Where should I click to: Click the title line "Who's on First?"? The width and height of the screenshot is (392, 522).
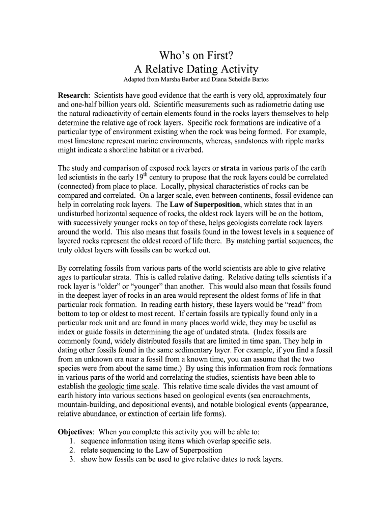pyautogui.click(x=196, y=55)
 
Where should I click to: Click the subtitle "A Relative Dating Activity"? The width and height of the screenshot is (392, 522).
pyautogui.click(x=196, y=69)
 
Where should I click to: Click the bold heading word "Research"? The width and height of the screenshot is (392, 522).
pyautogui.click(x=73, y=96)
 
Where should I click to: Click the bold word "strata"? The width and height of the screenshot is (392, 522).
pyautogui.click(x=231, y=168)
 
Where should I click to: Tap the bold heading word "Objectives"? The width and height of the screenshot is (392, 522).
pyautogui.click(x=75, y=432)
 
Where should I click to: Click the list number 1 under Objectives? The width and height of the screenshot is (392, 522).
pyautogui.click(x=72, y=441)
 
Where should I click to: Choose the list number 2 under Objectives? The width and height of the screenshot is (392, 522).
pyautogui.click(x=72, y=450)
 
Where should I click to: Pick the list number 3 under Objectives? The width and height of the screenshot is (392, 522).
pyautogui.click(x=72, y=459)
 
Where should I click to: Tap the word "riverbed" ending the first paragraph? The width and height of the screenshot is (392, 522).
pyautogui.click(x=188, y=150)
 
